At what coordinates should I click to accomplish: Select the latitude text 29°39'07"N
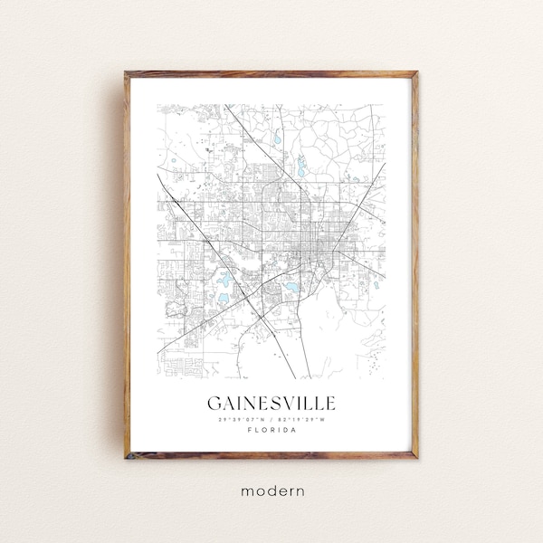click(x=234, y=419)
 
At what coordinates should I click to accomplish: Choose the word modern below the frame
click(x=271, y=491)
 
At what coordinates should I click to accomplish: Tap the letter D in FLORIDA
click(x=284, y=431)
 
